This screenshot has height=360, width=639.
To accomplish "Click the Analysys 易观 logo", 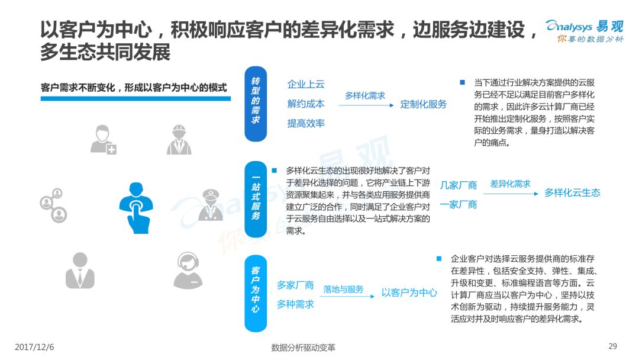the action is tap(585, 31).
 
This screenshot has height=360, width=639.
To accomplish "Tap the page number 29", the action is tap(612, 346).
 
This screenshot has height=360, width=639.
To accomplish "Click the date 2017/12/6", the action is tap(34, 347).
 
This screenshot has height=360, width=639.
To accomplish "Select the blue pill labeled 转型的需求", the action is tap(256, 104).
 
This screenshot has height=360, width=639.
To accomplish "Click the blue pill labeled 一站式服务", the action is tap(256, 200).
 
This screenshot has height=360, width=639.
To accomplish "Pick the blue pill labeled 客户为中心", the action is tap(256, 294).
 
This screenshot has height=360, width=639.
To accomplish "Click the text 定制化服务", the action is tap(424, 104).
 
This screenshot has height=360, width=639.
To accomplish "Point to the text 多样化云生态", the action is tap(572, 193).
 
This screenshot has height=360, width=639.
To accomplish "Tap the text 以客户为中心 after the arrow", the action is tap(409, 292).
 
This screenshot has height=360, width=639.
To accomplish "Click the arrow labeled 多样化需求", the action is tap(366, 105).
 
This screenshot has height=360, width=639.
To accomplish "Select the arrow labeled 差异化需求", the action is tap(511, 194).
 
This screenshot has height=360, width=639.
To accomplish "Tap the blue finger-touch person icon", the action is tap(135, 208).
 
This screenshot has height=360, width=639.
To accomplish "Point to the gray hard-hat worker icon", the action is tap(179, 140).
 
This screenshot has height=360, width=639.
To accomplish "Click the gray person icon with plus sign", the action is tap(104, 140).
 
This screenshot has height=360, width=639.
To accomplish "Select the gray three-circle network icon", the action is tap(53, 205).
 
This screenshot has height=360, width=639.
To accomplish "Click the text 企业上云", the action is tap(306, 85).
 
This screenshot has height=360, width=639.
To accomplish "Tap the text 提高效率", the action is tap(306, 123).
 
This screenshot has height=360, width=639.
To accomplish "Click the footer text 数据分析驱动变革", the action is tap(303, 348).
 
